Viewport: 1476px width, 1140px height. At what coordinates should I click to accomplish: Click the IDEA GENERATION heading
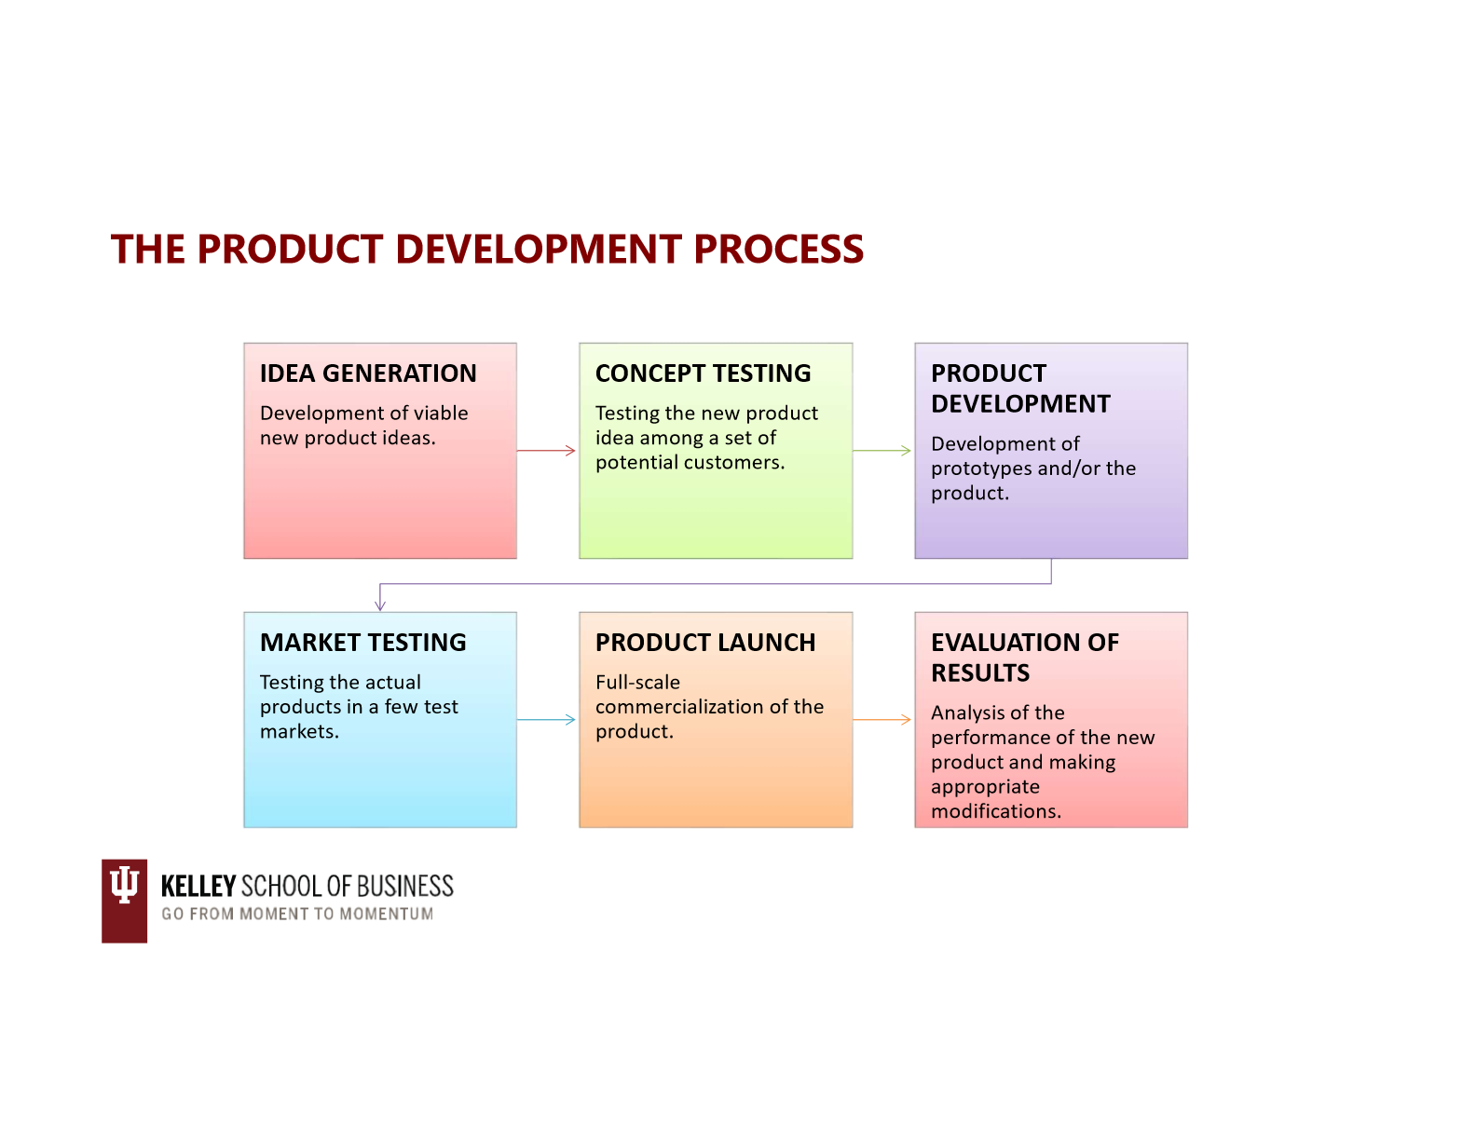click(368, 373)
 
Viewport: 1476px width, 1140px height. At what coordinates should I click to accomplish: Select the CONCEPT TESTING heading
click(703, 373)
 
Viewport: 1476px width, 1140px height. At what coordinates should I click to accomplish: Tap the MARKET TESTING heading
click(363, 643)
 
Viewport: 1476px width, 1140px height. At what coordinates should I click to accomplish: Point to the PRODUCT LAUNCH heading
click(705, 643)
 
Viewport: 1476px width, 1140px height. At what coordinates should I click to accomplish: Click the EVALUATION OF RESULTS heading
click(1024, 658)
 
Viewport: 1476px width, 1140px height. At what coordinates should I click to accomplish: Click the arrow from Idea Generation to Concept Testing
click(546, 450)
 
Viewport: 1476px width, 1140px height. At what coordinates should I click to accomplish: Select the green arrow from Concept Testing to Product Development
click(881, 450)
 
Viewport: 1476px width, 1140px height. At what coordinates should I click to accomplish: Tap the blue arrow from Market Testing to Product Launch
click(546, 719)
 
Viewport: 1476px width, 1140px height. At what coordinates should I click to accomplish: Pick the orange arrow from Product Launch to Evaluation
click(881, 719)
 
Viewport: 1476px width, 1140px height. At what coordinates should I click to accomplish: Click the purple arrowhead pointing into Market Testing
click(379, 605)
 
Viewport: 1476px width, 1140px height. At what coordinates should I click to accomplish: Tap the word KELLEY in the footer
click(198, 887)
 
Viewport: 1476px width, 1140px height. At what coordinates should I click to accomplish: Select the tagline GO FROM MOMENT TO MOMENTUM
click(297, 914)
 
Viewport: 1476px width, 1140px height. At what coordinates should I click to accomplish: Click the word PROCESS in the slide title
click(778, 249)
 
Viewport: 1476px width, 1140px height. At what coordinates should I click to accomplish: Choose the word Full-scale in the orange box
click(637, 683)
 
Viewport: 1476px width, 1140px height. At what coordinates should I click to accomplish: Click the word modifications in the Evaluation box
click(996, 811)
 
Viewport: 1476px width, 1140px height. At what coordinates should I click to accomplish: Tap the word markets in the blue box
click(299, 732)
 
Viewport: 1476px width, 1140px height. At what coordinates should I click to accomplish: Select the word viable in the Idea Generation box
click(444, 414)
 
